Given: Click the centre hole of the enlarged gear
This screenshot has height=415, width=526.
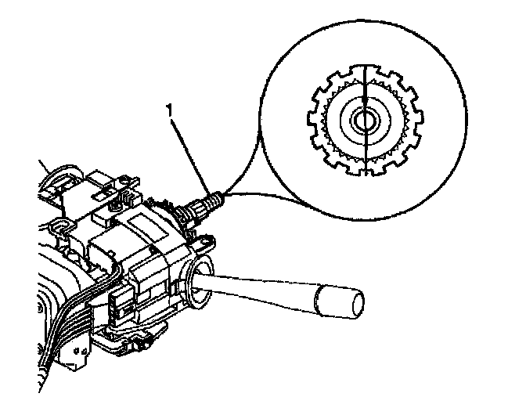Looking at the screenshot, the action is point(364,120).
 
